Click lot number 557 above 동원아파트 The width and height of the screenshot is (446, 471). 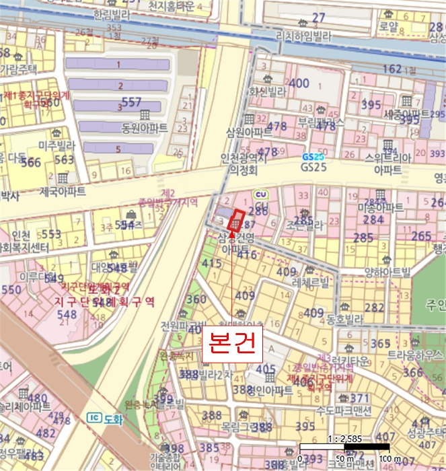click(132, 102)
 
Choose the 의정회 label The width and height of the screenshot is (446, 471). click(244, 171)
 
